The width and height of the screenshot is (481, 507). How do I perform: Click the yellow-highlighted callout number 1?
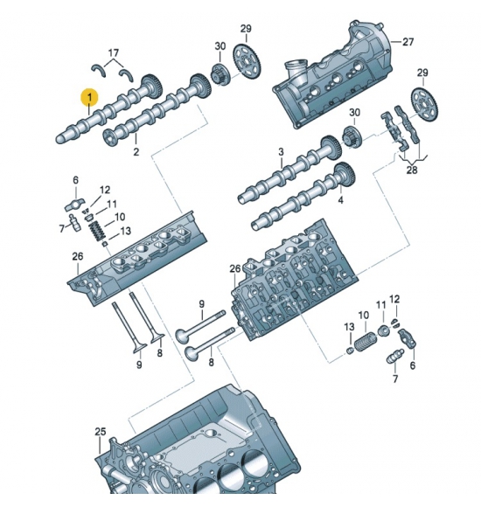[89, 97]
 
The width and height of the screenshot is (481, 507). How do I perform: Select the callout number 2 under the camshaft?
[136, 151]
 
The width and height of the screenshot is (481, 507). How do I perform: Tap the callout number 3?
[281, 151]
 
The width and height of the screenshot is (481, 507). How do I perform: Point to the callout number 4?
[340, 200]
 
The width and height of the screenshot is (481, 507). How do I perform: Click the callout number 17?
[113, 52]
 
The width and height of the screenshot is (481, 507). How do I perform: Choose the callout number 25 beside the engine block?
[101, 431]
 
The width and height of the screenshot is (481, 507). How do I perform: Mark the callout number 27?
[408, 42]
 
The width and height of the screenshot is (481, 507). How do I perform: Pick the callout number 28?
[412, 170]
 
